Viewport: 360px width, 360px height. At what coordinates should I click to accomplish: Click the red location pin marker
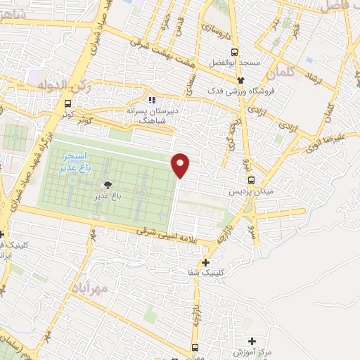pyautogui.click(x=181, y=165)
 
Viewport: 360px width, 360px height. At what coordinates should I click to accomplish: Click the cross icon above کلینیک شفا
pyautogui.click(x=205, y=262)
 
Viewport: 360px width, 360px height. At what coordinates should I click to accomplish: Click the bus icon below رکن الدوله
pyautogui.click(x=67, y=104)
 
